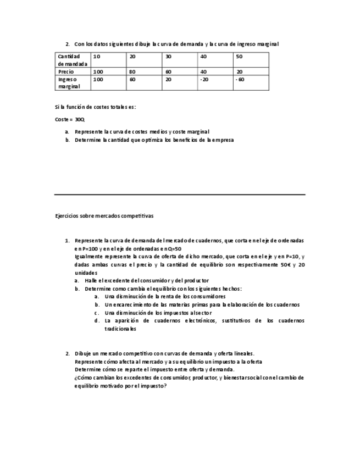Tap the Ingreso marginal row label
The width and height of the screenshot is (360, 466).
point(69,82)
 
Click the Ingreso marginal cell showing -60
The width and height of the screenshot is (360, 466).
point(240,79)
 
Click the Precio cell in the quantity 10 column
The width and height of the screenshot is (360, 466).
point(98,71)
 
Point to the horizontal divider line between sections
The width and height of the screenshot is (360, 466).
point(180,195)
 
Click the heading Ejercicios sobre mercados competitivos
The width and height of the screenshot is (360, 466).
point(104,216)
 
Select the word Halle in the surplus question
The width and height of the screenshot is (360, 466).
point(92,280)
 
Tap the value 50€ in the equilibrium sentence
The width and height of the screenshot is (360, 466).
point(285,265)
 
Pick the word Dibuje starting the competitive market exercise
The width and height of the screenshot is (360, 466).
point(83,353)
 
